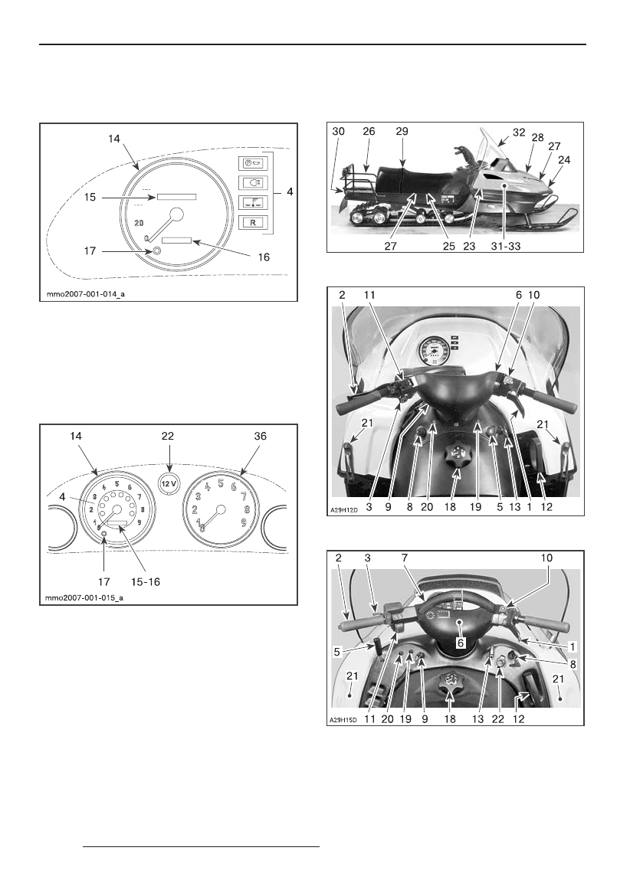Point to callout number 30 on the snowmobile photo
click(340, 132)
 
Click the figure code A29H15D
click(349, 719)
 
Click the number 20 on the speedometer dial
click(139, 222)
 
